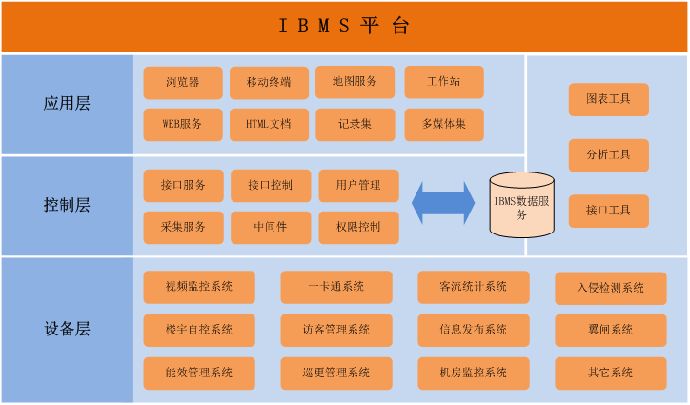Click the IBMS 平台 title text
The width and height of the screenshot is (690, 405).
click(x=345, y=26)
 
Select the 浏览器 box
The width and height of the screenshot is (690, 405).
click(x=183, y=82)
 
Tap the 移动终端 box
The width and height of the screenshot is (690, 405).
click(x=270, y=82)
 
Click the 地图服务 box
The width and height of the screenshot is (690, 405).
click(x=355, y=82)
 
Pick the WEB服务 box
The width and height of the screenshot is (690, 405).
click(x=183, y=125)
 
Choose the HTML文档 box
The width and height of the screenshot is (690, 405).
click(x=270, y=125)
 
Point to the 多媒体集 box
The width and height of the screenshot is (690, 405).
click(x=444, y=125)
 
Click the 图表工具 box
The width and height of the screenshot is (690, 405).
click(x=609, y=99)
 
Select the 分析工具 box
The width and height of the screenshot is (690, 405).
click(x=609, y=155)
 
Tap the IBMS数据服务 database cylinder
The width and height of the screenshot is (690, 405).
click(x=522, y=205)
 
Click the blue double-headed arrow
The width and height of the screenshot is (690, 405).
click(x=443, y=203)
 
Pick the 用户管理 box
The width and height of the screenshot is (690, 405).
click(x=358, y=185)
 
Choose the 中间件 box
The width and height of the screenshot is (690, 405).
click(x=271, y=228)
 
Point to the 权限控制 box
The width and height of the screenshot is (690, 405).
click(x=358, y=228)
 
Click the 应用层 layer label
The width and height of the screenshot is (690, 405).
click(x=67, y=104)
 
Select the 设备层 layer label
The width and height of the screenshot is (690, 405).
click(x=67, y=329)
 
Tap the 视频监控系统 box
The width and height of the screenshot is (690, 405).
click(x=199, y=287)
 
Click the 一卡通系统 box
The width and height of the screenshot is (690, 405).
click(x=336, y=287)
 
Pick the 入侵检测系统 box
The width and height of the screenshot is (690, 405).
click(x=611, y=288)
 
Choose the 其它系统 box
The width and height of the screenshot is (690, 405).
click(x=611, y=374)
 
